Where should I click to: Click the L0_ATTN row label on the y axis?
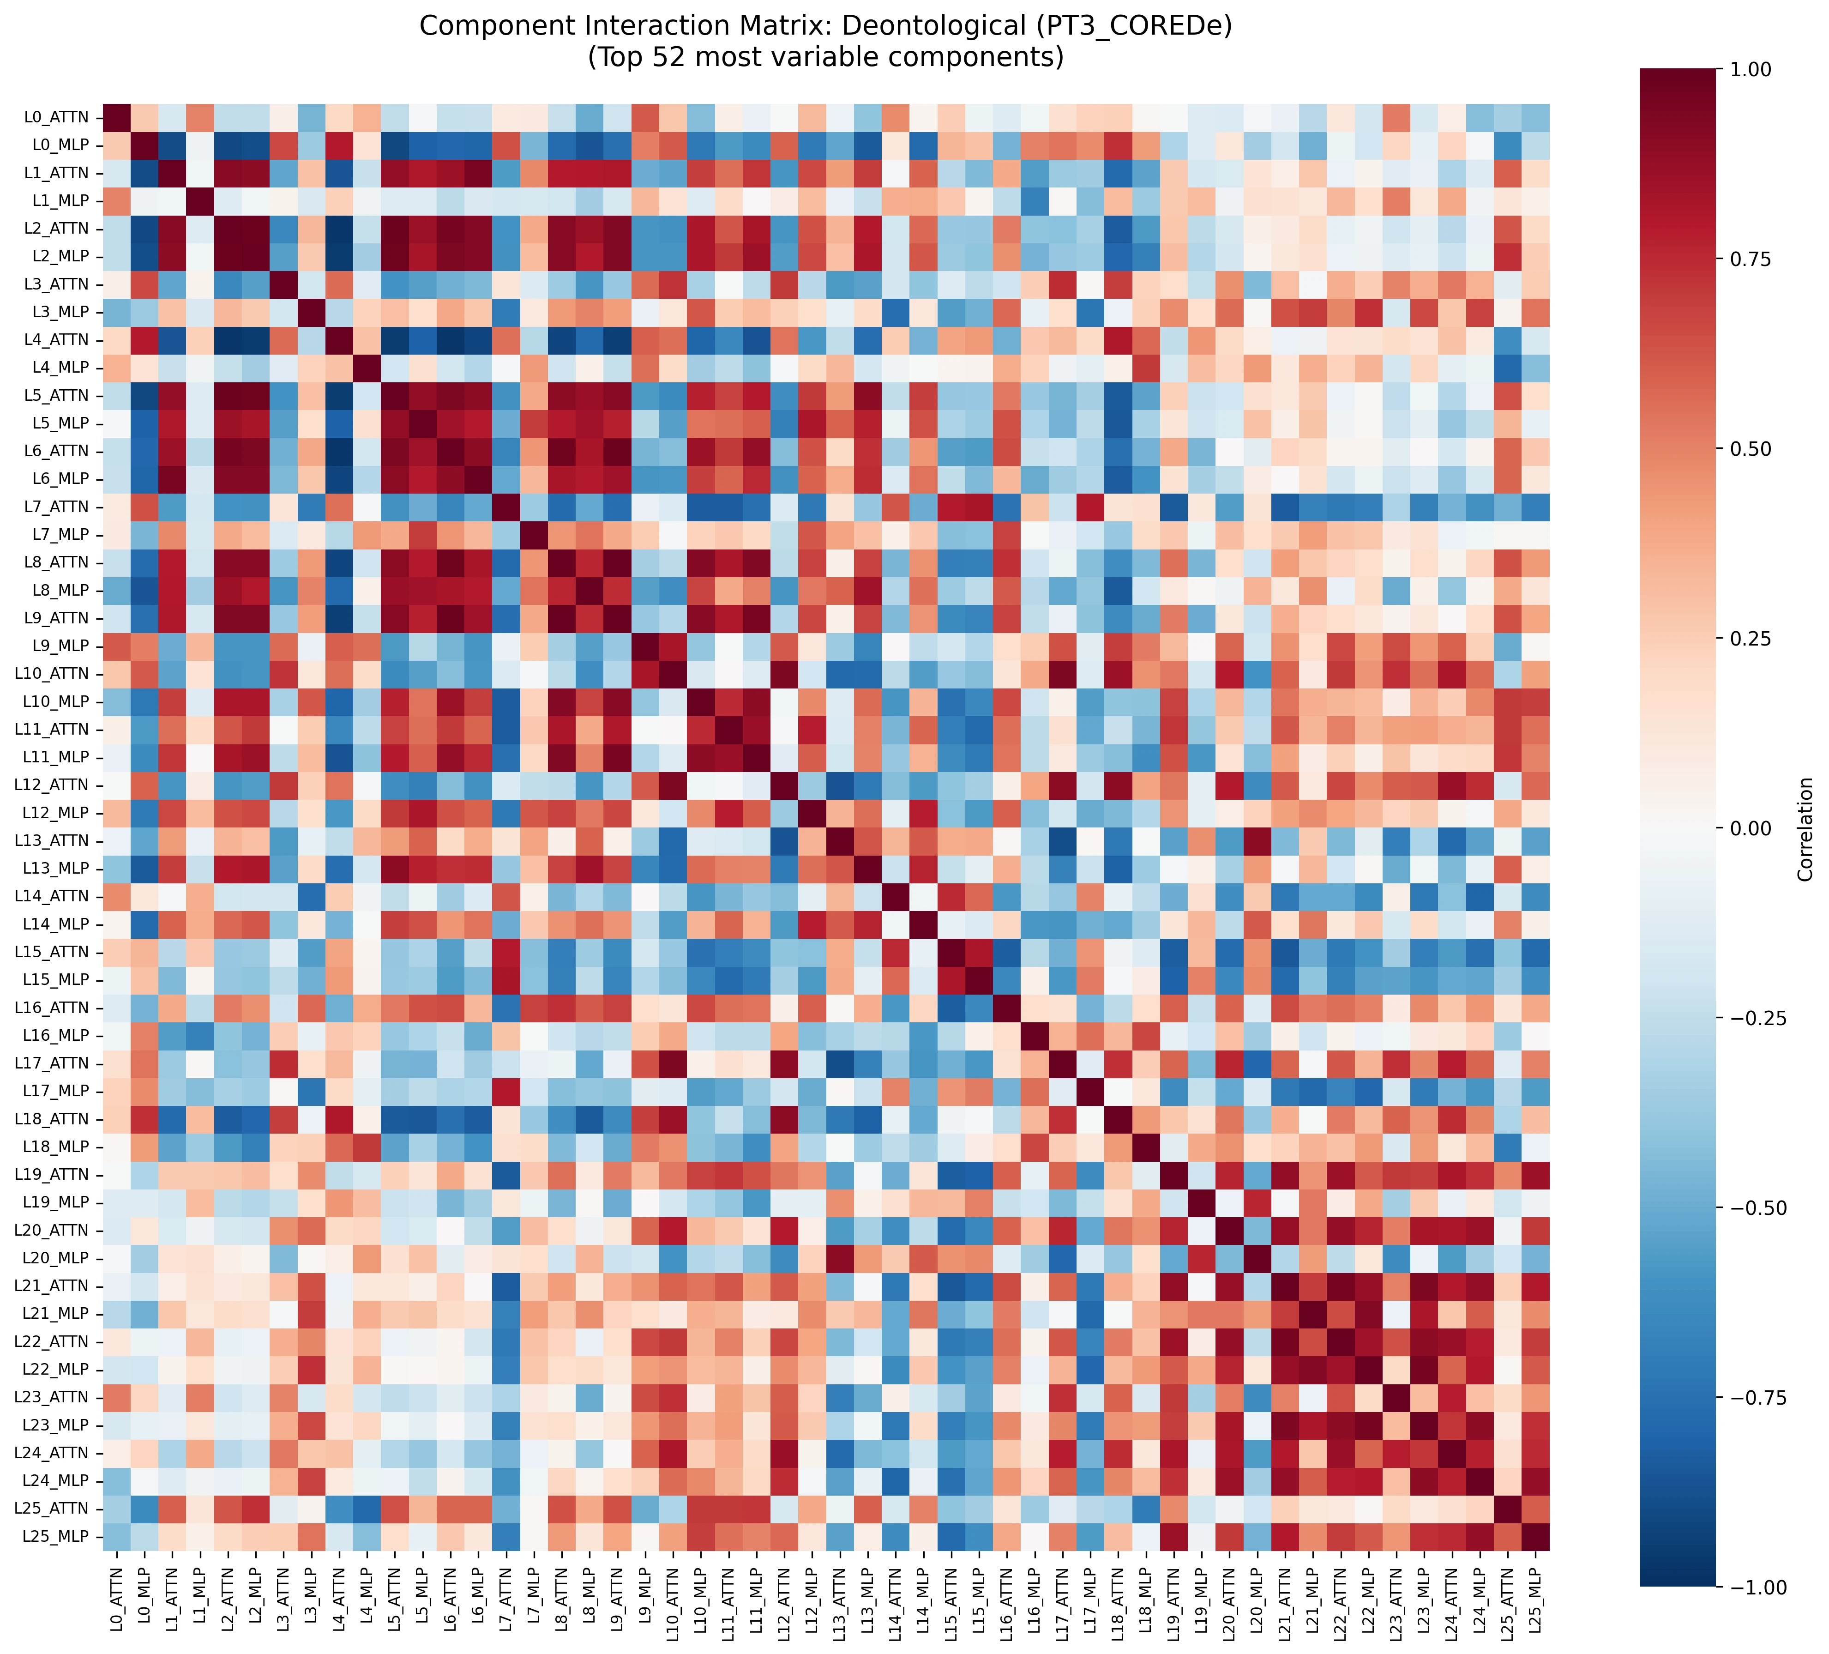56,117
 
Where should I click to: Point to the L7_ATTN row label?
56,506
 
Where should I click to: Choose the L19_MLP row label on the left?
56,1202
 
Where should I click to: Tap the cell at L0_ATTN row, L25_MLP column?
1535,117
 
